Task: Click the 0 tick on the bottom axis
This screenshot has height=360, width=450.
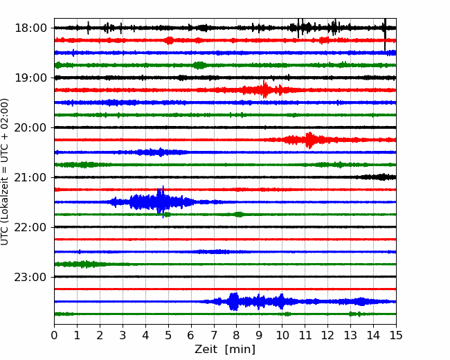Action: pyautogui.click(x=54, y=335)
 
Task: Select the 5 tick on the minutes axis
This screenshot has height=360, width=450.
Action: pyautogui.click(x=168, y=335)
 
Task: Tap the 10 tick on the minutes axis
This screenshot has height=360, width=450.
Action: pyautogui.click(x=282, y=335)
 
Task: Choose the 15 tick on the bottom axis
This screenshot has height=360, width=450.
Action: pyautogui.click(x=396, y=335)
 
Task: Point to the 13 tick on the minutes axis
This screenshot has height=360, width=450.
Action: pyautogui.click(x=350, y=335)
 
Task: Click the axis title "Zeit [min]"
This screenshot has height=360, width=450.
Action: pyautogui.click(x=225, y=350)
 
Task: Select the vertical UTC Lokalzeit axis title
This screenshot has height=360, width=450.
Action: pyautogui.click(x=4, y=172)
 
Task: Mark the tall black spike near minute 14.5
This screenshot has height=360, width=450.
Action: pyautogui.click(x=385, y=34)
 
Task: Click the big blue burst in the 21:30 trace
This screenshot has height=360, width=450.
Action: pyautogui.click(x=159, y=202)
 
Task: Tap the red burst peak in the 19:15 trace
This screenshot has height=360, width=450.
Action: pyautogui.click(x=264, y=89)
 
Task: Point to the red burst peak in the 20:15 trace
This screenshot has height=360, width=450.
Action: pyautogui.click(x=309, y=140)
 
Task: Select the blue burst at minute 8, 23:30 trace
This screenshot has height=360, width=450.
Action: pyautogui.click(x=234, y=301)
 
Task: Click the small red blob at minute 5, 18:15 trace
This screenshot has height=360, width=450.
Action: pyautogui.click(x=170, y=40)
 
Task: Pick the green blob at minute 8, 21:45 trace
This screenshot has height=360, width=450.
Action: pyautogui.click(x=238, y=215)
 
